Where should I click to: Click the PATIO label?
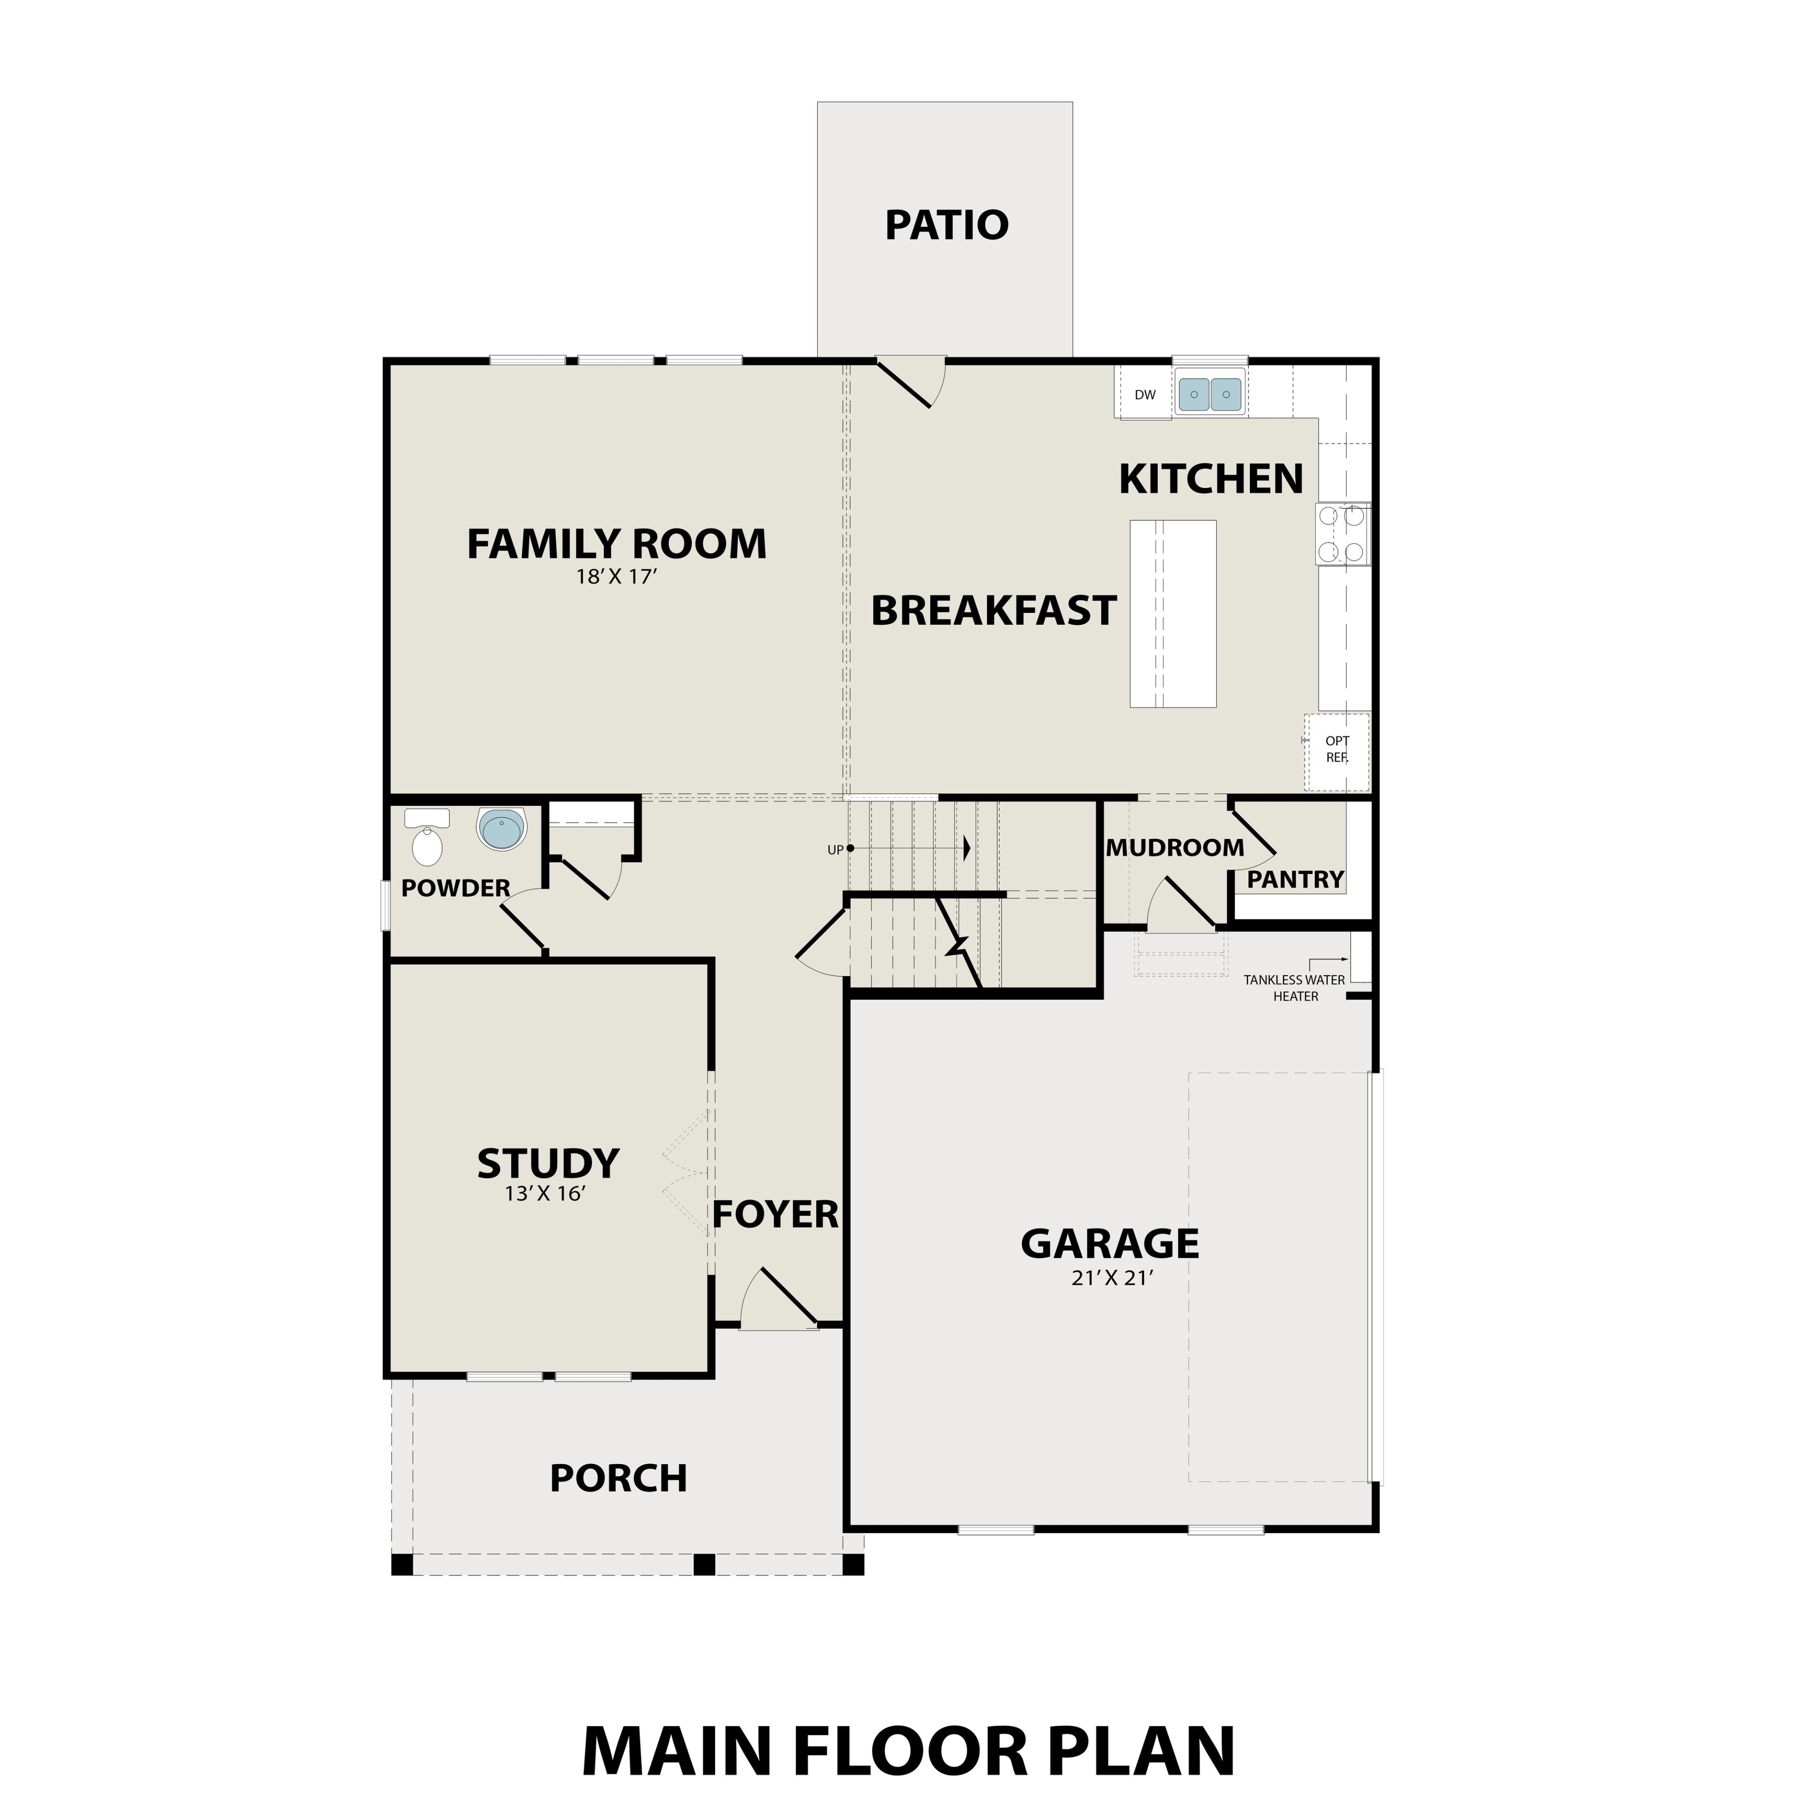point(946,226)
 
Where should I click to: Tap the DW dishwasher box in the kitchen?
point(1144,395)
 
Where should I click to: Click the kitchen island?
point(1172,613)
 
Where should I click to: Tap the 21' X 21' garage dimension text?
point(1111,1278)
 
